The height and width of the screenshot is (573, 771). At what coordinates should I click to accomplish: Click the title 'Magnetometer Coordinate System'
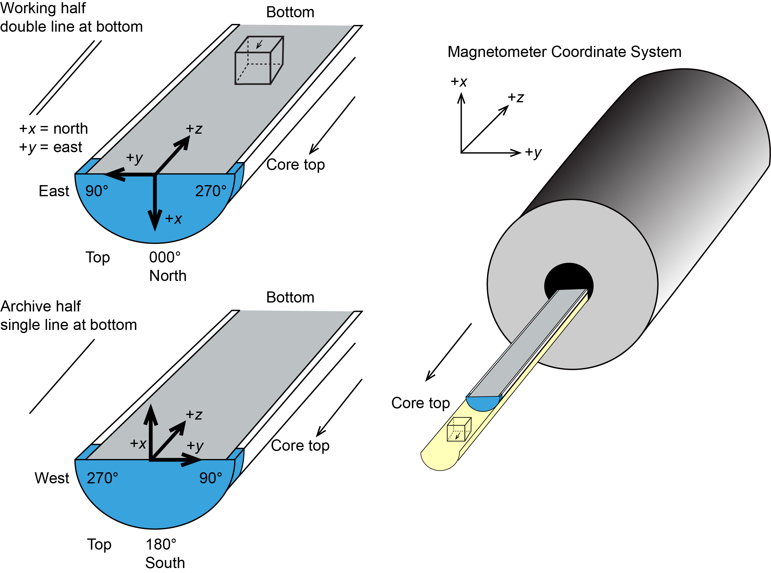(x=564, y=52)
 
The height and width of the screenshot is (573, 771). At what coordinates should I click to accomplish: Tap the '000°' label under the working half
(x=165, y=257)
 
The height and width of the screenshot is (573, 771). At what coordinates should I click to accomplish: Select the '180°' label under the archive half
(x=161, y=544)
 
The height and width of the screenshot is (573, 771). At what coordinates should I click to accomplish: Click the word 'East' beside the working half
(x=54, y=191)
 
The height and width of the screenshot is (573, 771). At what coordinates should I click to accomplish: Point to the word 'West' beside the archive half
(x=52, y=478)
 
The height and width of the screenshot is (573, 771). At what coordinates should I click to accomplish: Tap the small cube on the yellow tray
(x=459, y=429)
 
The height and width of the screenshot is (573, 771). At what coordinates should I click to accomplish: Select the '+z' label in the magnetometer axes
(x=515, y=98)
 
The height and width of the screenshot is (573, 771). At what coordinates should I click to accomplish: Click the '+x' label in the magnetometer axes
(x=459, y=82)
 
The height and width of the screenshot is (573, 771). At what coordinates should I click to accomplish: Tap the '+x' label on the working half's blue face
(x=173, y=219)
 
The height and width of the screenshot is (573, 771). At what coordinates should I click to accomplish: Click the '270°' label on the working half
(x=210, y=191)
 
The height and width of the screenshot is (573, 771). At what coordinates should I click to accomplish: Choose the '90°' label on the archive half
(x=210, y=478)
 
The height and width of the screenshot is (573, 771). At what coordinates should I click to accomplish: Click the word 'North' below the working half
(x=168, y=276)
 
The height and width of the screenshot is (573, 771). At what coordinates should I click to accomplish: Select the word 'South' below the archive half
(x=165, y=563)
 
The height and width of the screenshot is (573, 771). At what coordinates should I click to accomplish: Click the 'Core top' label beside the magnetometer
(x=420, y=403)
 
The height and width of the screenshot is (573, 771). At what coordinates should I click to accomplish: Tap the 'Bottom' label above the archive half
(x=290, y=298)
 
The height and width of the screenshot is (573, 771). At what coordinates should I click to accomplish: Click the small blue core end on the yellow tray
(x=483, y=403)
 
